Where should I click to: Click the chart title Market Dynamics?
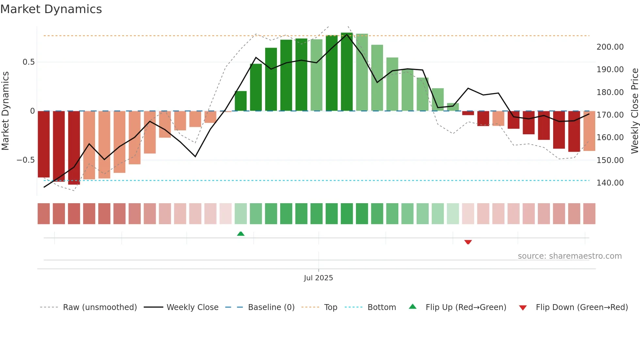[51, 9]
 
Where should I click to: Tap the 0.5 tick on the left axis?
[28, 62]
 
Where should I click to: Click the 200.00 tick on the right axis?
[610, 47]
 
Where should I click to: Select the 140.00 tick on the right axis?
[610, 183]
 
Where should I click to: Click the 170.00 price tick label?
[610, 115]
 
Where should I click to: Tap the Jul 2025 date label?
[318, 278]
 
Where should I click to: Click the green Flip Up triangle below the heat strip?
[241, 234]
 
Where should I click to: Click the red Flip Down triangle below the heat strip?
[468, 242]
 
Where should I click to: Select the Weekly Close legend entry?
[192, 307]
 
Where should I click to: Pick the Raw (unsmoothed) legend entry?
[100, 307]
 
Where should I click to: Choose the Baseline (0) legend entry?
[271, 307]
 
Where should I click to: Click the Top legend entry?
[330, 307]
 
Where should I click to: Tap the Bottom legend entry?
[381, 307]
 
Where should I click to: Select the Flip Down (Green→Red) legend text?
[582, 307]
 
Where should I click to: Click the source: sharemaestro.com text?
[569, 256]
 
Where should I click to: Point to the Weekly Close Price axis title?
[634, 111]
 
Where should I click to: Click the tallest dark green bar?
[347, 72]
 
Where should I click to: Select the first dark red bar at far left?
[44, 144]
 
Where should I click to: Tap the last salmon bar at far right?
[589, 131]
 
